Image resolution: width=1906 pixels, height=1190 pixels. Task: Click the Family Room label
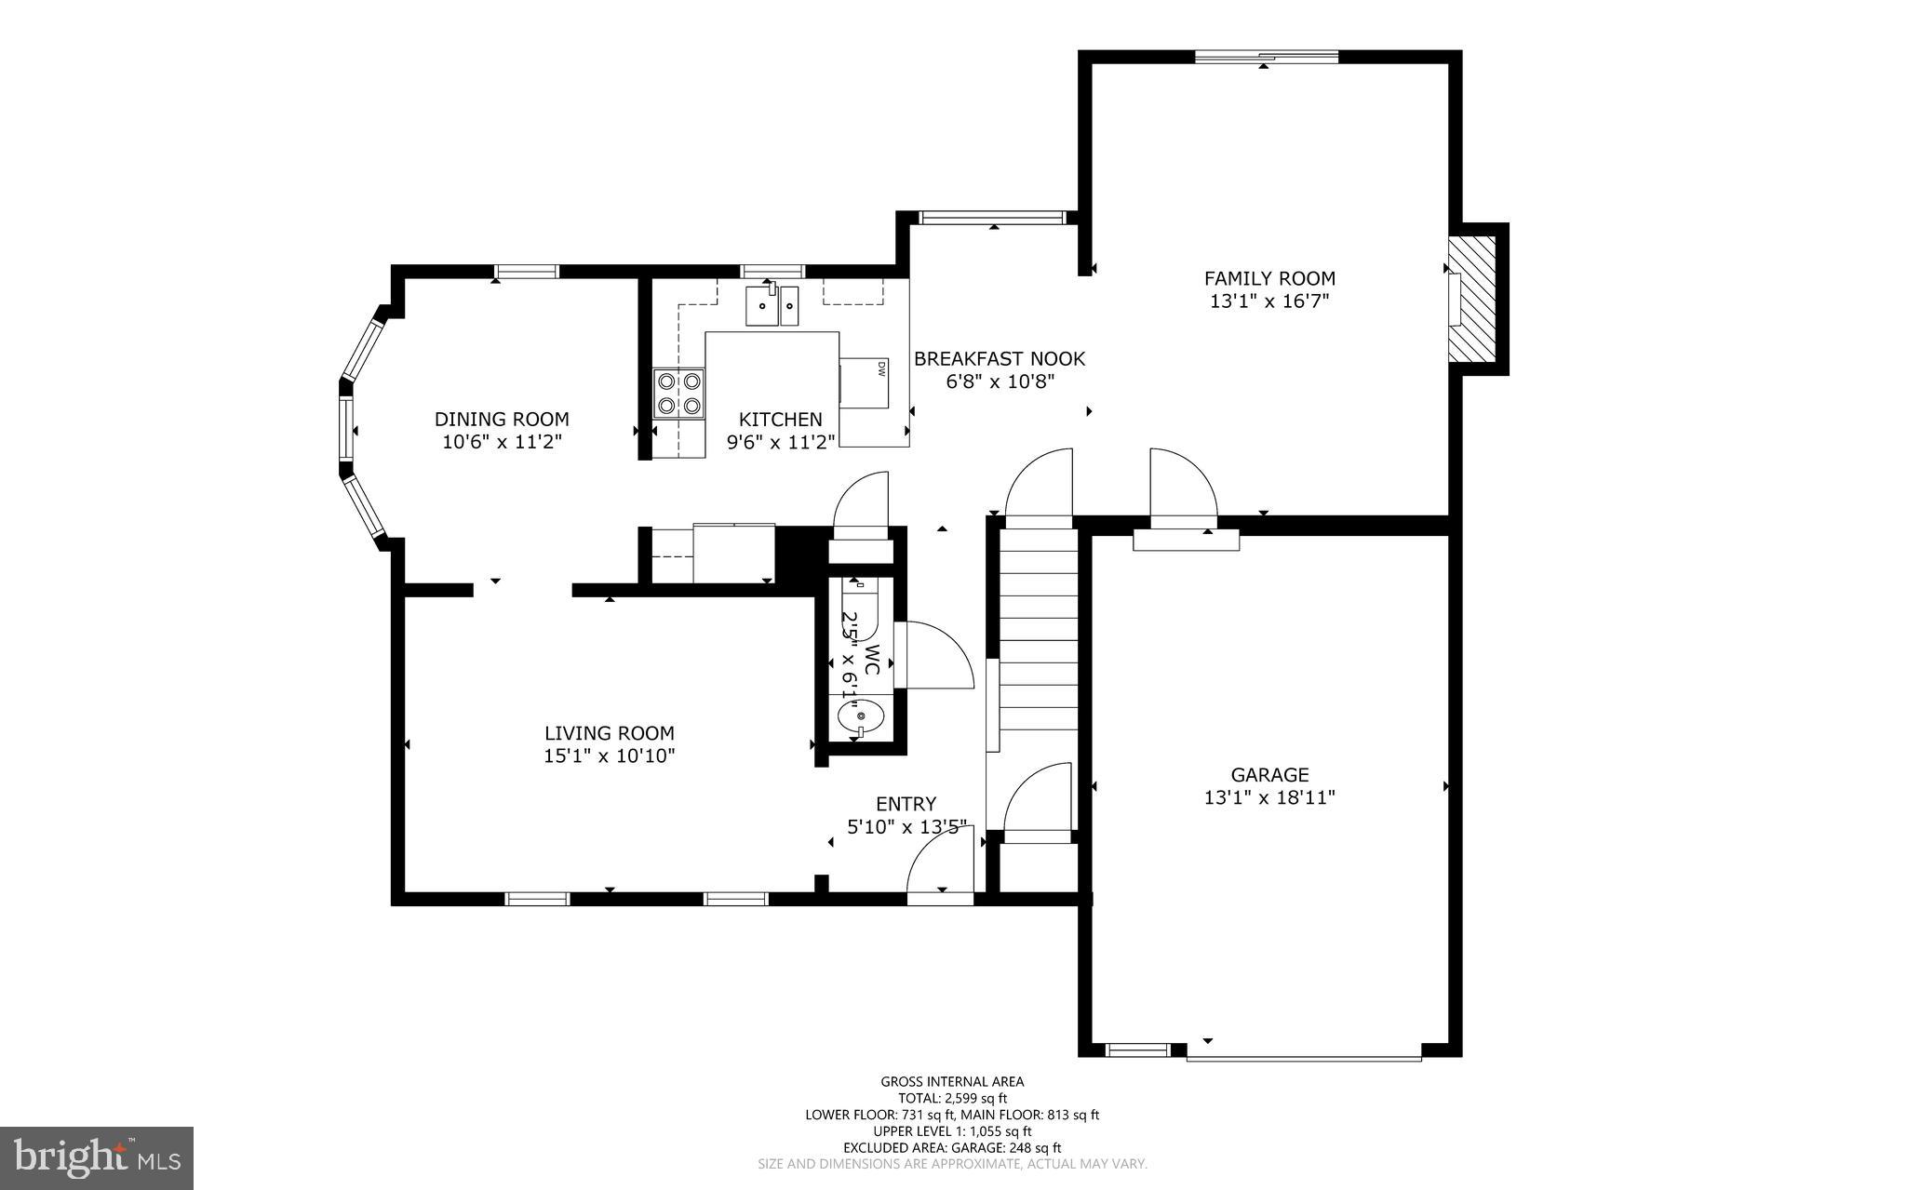pyautogui.click(x=1269, y=278)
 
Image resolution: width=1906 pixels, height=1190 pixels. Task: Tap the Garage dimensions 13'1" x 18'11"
pyautogui.click(x=1269, y=797)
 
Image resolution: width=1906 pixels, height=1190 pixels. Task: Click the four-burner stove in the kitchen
pyautogui.click(x=678, y=393)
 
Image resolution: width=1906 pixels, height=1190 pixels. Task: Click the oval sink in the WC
pyautogui.click(x=857, y=716)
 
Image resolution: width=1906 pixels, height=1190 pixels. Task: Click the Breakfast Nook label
pyautogui.click(x=999, y=359)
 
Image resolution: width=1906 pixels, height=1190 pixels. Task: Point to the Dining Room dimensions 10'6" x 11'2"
pyautogui.click(x=502, y=442)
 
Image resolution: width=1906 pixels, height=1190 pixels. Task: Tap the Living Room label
pyautogui.click(x=609, y=733)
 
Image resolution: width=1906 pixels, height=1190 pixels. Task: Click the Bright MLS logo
pyautogui.click(x=97, y=1157)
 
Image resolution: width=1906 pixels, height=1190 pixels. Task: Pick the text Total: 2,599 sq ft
pyautogui.click(x=952, y=1098)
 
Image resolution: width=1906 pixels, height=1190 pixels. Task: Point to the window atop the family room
pyautogui.click(x=1266, y=57)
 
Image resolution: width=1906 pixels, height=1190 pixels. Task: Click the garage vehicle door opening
pyautogui.click(x=1303, y=1057)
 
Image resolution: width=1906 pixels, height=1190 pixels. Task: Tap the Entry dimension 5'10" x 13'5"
pyautogui.click(x=906, y=826)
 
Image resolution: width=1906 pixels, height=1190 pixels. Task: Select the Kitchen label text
pyautogui.click(x=780, y=420)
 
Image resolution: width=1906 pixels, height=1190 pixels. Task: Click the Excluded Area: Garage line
pyautogui.click(x=952, y=1148)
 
